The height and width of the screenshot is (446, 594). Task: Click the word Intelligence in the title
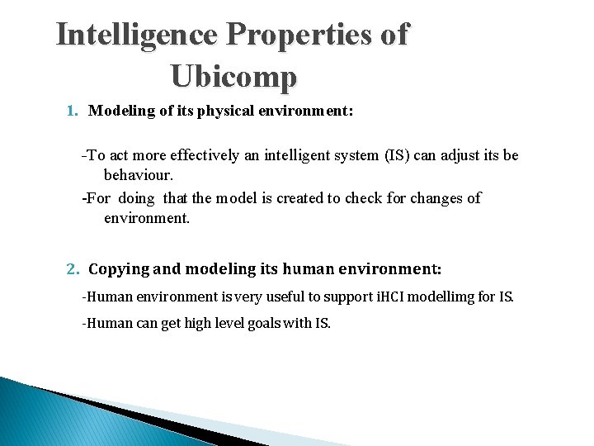tap(136, 36)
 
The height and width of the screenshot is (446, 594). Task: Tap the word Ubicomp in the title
tap(233, 77)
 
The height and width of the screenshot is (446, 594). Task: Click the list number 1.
tap(72, 111)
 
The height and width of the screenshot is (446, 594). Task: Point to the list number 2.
tap(72, 269)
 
